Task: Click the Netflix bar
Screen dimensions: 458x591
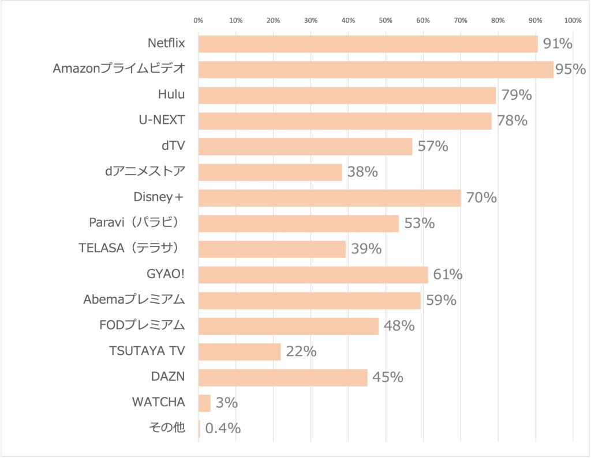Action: tap(368, 44)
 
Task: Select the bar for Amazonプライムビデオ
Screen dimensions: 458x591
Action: tap(376, 70)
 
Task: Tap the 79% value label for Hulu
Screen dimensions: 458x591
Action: tap(516, 95)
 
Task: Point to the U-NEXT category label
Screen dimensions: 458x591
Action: tap(162, 120)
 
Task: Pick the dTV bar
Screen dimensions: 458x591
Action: tap(305, 146)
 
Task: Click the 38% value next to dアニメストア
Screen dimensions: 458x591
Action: tap(362, 172)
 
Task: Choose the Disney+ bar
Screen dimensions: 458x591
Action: tap(329, 198)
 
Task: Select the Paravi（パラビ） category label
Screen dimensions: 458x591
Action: tap(137, 223)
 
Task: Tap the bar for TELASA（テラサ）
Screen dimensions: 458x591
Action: tap(272, 249)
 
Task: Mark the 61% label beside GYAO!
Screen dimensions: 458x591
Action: tap(447, 275)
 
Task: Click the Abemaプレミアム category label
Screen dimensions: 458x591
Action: tap(134, 300)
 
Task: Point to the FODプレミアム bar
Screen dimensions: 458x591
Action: tap(289, 326)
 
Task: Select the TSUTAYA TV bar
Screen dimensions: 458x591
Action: tap(240, 351)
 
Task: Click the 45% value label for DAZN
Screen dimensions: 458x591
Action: tap(387, 377)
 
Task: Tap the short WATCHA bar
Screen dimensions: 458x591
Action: tap(204, 403)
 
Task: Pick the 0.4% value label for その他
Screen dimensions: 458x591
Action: tap(223, 429)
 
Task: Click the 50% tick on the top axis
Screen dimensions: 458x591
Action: tap(386, 21)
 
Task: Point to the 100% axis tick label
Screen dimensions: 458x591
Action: tap(573, 21)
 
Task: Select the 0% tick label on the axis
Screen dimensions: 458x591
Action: tap(198, 21)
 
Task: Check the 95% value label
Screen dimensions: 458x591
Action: tap(570, 70)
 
